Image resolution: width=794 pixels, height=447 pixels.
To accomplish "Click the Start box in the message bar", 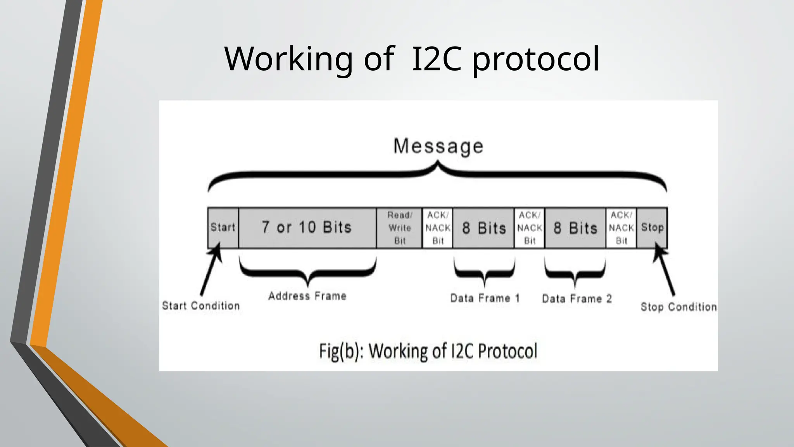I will [x=223, y=227].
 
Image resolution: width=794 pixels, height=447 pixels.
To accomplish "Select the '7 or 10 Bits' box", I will [x=307, y=227].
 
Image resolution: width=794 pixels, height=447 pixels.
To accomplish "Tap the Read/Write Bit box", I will [x=399, y=228].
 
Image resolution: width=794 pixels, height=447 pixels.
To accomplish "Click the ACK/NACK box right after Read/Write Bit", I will [x=438, y=228].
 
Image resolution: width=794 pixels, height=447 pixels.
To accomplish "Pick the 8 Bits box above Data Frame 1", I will [x=484, y=228].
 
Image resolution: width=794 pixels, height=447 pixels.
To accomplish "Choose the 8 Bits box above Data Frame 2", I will [x=575, y=228].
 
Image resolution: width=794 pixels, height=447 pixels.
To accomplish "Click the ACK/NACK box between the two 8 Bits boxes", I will [x=530, y=228].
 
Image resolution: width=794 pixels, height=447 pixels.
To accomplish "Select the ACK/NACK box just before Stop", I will [x=621, y=228].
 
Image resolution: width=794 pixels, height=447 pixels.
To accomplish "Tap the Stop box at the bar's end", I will [x=652, y=227].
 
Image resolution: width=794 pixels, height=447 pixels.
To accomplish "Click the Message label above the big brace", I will [x=438, y=146].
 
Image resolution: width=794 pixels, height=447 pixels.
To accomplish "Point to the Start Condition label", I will [x=201, y=306].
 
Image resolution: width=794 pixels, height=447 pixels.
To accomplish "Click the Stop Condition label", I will [x=678, y=307].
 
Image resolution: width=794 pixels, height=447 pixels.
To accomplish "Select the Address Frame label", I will [x=307, y=296].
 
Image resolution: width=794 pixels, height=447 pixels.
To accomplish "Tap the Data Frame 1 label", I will [x=485, y=298].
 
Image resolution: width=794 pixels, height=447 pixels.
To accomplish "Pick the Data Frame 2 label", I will [x=577, y=299].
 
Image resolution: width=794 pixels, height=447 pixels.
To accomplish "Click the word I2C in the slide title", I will [x=436, y=59].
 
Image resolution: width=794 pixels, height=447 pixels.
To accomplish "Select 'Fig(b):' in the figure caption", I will [x=340, y=351].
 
